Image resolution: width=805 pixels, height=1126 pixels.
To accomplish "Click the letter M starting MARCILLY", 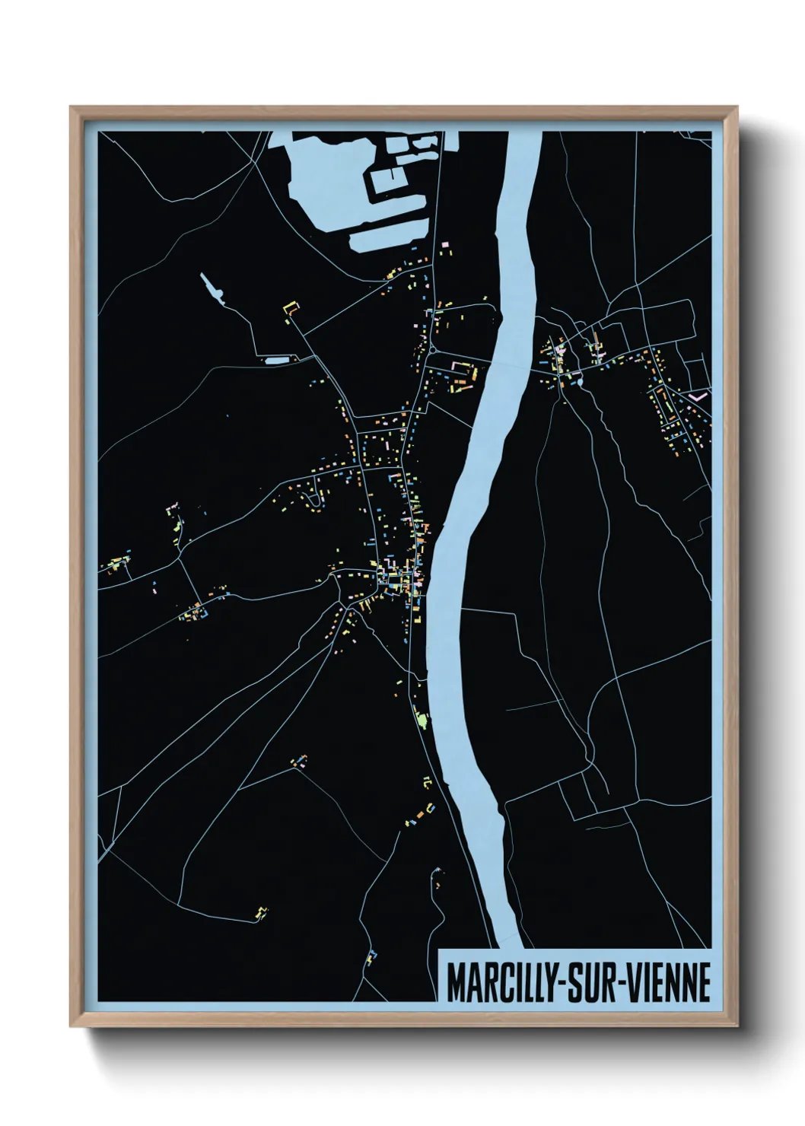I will click(x=456, y=984).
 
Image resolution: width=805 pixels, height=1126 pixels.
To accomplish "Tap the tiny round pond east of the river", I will click(x=580, y=383).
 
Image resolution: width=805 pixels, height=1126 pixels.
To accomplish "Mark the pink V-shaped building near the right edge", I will click(x=701, y=396).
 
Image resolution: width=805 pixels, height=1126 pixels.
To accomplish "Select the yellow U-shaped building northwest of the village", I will click(x=289, y=307).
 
